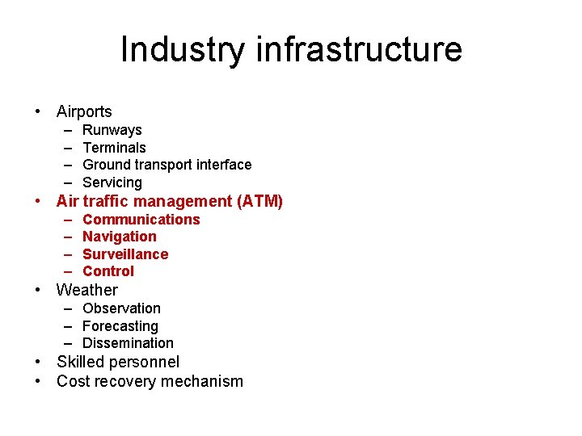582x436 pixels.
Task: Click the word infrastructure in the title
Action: (x=359, y=50)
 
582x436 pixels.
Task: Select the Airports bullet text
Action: (x=84, y=112)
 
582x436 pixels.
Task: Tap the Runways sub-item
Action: (x=112, y=130)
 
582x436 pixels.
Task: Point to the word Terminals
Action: (x=115, y=148)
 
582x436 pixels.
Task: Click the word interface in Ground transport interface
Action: (x=222, y=165)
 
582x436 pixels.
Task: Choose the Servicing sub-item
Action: (x=112, y=182)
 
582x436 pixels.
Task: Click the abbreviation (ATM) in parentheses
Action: (x=259, y=201)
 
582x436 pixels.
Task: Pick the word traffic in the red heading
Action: (x=108, y=201)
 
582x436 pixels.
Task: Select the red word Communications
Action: (x=141, y=220)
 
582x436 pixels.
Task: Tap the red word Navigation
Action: (x=120, y=237)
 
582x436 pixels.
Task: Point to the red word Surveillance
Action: (x=125, y=254)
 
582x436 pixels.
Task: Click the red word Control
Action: (x=108, y=271)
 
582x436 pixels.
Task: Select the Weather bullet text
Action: (x=87, y=290)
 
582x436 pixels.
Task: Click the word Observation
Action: (x=122, y=308)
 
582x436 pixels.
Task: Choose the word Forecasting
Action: (x=120, y=326)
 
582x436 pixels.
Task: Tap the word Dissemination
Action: (x=128, y=343)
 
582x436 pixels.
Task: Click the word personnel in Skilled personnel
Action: (x=145, y=363)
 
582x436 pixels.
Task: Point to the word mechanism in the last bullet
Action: (x=204, y=382)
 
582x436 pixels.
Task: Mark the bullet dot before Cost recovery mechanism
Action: (x=38, y=382)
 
